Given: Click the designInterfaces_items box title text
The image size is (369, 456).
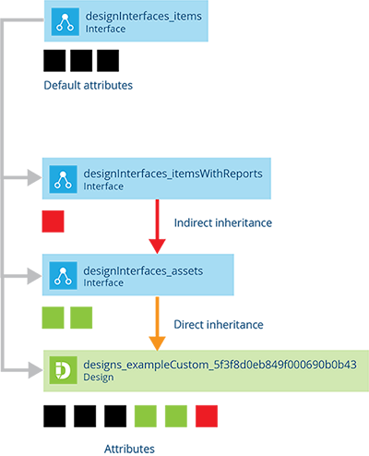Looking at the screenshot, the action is coord(144,17).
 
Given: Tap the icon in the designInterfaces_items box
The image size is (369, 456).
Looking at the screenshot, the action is coord(65,22).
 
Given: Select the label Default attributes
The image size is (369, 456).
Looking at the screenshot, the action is coord(89,85).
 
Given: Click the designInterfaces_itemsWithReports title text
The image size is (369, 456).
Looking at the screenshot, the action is coord(173,174).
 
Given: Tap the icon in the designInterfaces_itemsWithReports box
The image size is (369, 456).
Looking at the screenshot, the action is coord(63,179).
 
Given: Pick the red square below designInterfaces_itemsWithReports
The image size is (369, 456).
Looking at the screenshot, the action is coord(53,222).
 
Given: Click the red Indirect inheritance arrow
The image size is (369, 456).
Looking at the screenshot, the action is coord(157,226).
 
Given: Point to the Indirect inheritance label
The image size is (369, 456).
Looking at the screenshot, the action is coord(223,222).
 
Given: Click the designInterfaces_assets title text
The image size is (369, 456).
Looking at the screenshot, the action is coord(143,270).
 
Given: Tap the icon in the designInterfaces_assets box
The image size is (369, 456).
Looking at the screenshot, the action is coord(63,275).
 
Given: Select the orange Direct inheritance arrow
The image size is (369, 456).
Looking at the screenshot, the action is coord(157,324).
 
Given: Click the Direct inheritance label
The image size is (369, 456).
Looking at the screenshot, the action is coord(219,325).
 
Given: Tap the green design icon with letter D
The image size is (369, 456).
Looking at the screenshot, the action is coord(63,370).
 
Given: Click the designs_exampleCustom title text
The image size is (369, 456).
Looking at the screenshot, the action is coord(220,365).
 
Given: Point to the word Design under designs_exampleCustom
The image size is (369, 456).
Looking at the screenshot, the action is coord(99,378).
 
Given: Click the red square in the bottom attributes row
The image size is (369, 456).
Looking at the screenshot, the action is coord(207,416).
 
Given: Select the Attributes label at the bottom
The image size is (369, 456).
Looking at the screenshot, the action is coord(129,449).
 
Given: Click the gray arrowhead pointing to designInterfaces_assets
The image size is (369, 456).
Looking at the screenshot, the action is coord(34,276).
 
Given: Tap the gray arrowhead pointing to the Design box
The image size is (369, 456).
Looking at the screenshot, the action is coord(35,370).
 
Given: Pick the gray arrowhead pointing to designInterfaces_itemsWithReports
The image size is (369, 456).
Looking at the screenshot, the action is coord(34,177).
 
